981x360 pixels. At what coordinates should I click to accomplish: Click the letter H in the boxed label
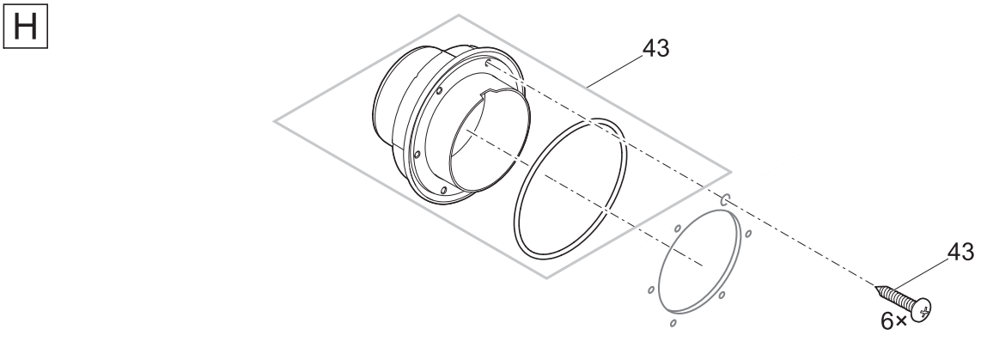click(25, 27)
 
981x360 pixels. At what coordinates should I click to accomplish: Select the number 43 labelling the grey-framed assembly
click(655, 48)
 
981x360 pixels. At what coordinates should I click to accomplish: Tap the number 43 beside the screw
click(960, 252)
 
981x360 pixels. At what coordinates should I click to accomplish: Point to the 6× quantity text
click(894, 321)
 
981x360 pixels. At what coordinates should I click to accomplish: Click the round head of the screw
click(922, 309)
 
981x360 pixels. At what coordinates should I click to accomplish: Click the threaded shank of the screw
click(894, 296)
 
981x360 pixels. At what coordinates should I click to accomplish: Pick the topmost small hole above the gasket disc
click(725, 200)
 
